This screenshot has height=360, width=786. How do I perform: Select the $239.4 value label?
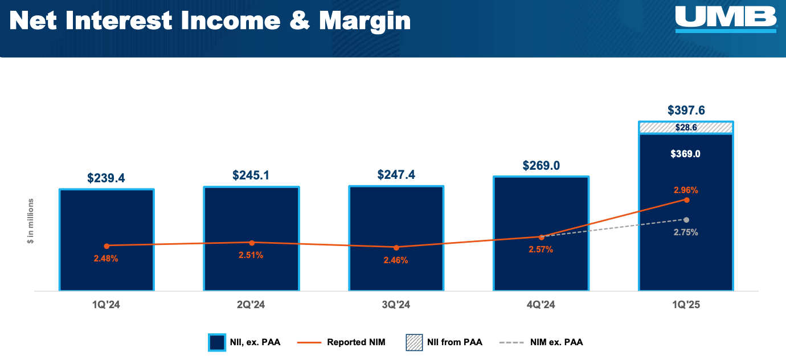pyautogui.click(x=106, y=178)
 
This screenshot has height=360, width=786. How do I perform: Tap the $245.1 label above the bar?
pyautogui.click(x=251, y=175)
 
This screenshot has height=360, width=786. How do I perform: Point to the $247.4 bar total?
pyautogui.click(x=396, y=174)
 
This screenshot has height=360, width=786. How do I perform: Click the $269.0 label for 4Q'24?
pyautogui.click(x=541, y=165)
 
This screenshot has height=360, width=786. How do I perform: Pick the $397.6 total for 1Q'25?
pyautogui.click(x=686, y=111)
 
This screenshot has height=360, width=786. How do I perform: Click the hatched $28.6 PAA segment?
pyautogui.click(x=686, y=128)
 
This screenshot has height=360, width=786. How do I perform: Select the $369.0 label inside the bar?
pyautogui.click(x=686, y=154)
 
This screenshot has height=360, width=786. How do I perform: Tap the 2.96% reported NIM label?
pyautogui.click(x=686, y=190)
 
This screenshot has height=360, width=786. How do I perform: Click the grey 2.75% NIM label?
pyautogui.click(x=686, y=232)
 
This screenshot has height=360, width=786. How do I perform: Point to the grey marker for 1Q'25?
pyautogui.click(x=686, y=220)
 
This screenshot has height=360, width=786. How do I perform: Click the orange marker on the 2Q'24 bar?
pyautogui.click(x=252, y=243)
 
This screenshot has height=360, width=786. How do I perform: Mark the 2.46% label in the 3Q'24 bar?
pyautogui.click(x=396, y=260)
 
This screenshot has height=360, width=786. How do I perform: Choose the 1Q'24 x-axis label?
pyautogui.click(x=107, y=305)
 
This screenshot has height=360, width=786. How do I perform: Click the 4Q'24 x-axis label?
pyautogui.click(x=541, y=305)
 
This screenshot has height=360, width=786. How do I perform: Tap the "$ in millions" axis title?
pyautogui.click(x=31, y=222)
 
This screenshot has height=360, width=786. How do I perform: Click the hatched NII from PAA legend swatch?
pyautogui.click(x=414, y=342)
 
